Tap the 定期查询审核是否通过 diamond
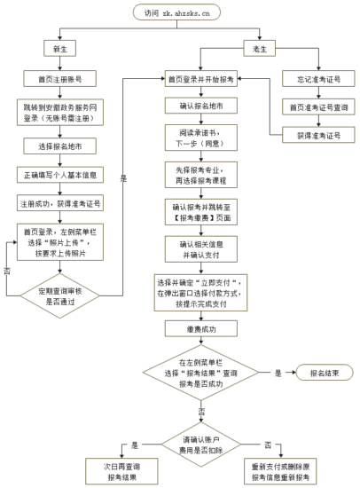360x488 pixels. pos(62,295)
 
